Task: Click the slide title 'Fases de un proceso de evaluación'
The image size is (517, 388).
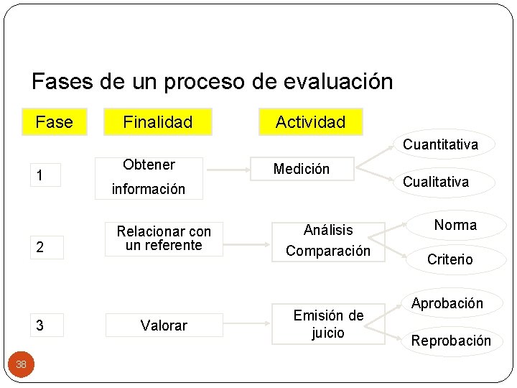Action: pos(213,80)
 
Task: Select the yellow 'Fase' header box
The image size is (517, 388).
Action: pos(54,122)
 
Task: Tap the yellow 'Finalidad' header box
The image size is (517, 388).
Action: pos(157,122)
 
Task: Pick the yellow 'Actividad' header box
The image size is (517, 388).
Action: pos(311,121)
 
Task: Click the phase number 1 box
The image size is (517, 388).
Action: pos(40,175)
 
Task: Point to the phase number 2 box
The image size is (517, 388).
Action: pos(40,247)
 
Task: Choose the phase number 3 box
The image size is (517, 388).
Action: pos(40,325)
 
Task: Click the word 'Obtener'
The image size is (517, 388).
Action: pos(149,165)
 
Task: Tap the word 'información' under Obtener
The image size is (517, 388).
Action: pos(148,189)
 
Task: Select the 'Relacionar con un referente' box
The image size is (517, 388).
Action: pos(164,239)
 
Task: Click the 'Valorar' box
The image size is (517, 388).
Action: pos(164,325)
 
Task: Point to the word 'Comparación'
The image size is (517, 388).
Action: pos(328,251)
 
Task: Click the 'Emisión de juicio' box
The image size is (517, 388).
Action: pos(328,324)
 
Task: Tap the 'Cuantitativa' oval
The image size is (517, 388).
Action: pos(440,144)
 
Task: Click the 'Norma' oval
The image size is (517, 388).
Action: pos(455,225)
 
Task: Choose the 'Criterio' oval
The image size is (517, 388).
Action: pos(450,259)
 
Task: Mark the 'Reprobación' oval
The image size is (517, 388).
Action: pos(451,341)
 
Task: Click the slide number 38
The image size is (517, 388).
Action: pos(22,364)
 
